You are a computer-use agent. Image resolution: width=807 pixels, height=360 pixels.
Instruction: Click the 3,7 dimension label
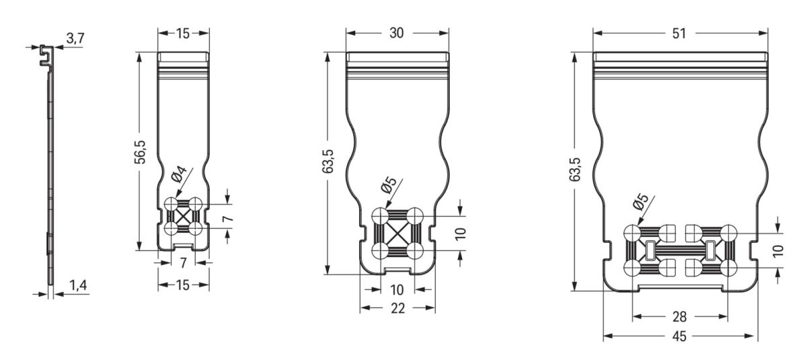tap(75, 38)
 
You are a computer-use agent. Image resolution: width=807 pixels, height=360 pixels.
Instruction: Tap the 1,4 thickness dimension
tap(78, 285)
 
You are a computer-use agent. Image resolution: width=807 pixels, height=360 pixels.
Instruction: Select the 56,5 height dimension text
tap(140, 152)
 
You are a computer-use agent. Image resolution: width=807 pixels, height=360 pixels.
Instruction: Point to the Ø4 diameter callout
tap(179, 174)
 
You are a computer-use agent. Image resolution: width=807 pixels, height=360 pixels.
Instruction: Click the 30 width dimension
tap(397, 33)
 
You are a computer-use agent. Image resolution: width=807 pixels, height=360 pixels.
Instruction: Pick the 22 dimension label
tap(397, 308)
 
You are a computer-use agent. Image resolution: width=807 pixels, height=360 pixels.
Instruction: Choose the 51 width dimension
tap(679, 34)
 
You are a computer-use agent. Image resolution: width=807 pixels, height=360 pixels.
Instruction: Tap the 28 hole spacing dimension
tap(679, 317)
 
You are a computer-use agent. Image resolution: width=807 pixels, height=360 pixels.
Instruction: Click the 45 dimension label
tap(679, 336)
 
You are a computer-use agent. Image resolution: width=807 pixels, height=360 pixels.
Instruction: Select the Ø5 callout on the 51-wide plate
tap(640, 202)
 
